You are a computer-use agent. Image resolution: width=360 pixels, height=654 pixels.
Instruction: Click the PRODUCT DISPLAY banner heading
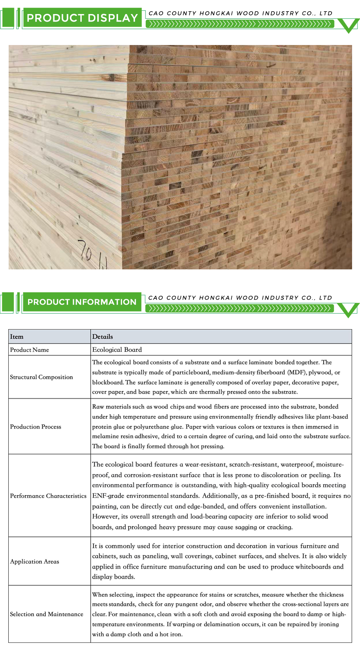[x=82, y=18]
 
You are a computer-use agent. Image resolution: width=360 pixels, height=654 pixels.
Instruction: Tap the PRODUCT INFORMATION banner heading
[x=82, y=302]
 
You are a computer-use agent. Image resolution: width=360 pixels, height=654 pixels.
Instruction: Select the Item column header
[x=17, y=337]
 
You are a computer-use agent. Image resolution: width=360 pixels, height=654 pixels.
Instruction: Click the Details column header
[x=103, y=337]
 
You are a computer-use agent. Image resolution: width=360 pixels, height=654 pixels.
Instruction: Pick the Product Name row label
[x=30, y=350]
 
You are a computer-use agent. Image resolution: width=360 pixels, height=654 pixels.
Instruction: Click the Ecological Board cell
[x=117, y=350]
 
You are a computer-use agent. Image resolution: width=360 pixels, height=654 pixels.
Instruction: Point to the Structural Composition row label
[x=41, y=377]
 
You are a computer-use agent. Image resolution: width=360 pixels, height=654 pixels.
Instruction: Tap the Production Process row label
[x=36, y=427]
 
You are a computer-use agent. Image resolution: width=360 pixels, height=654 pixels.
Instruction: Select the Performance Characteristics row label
[x=48, y=496]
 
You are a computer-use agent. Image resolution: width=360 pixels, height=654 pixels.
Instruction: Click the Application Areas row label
[x=35, y=561]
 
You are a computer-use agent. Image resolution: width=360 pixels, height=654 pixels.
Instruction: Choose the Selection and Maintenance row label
[x=46, y=614]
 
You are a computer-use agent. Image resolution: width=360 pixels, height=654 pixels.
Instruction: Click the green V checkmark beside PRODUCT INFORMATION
[x=348, y=310]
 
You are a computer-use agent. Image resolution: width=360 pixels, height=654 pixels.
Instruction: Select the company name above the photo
[x=240, y=13]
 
